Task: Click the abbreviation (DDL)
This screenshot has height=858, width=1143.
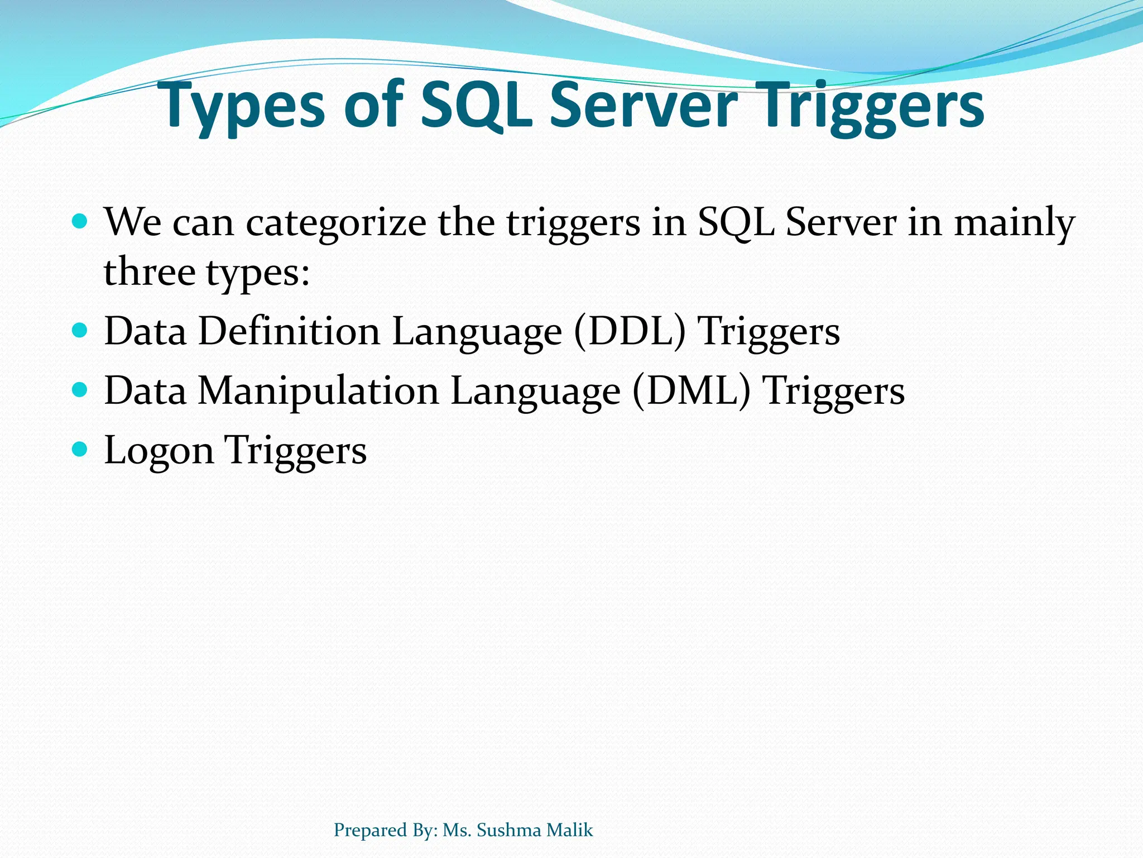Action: click(629, 332)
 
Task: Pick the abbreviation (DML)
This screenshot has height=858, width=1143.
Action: click(691, 391)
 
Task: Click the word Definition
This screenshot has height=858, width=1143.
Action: click(289, 331)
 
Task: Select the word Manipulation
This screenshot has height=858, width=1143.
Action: click(318, 391)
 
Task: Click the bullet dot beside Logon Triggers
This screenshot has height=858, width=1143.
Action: click(80, 448)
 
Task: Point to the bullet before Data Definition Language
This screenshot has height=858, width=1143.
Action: click(80, 330)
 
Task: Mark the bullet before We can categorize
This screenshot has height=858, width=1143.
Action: click(80, 222)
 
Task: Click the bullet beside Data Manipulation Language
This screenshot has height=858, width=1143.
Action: click(80, 389)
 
